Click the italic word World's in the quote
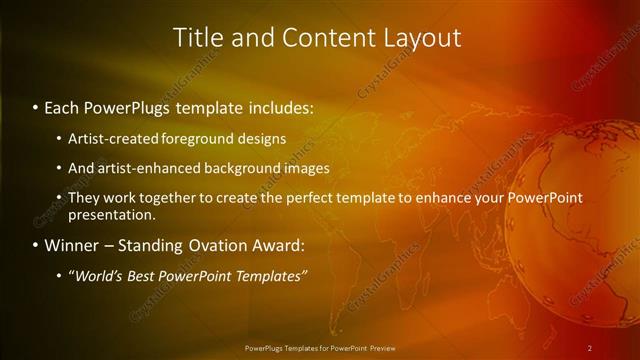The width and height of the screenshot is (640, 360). pyautogui.click(x=102, y=276)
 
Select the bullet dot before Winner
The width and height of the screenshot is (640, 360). pyautogui.click(x=36, y=246)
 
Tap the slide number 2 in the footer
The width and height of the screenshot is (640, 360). pyautogui.click(x=590, y=348)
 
